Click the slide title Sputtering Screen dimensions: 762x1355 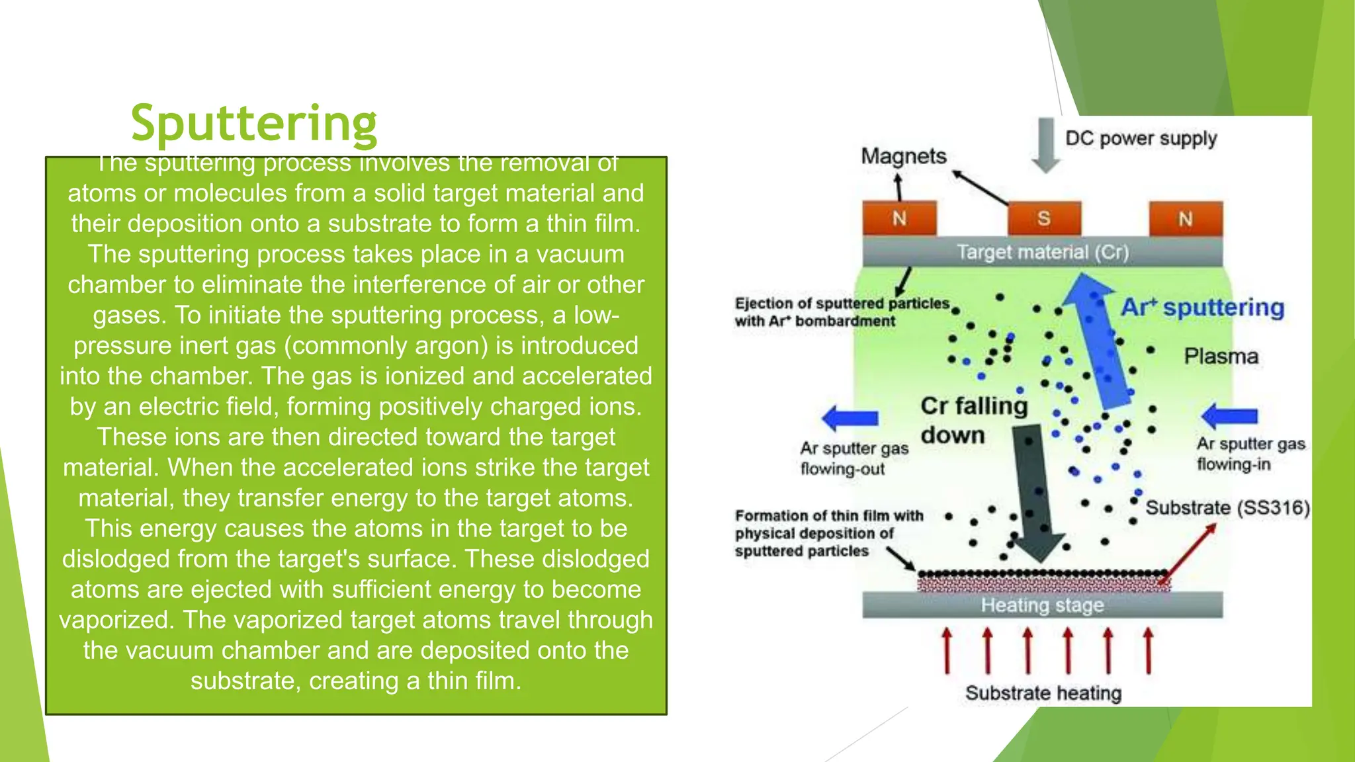(254, 123)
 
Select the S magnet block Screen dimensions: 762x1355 (1044, 219)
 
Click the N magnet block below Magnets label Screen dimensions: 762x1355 (899, 219)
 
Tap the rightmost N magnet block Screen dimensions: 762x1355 (1185, 219)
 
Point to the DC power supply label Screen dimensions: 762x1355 (1141, 138)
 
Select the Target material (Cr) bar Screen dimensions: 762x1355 (1042, 252)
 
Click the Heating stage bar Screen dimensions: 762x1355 (1042, 605)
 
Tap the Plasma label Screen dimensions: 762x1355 (1221, 357)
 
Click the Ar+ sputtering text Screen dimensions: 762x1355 (1202, 308)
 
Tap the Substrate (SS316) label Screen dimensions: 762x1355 (1227, 508)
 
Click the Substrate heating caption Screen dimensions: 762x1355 (1043, 693)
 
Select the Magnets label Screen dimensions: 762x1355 (903, 157)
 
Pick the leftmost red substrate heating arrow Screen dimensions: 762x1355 (947, 651)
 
